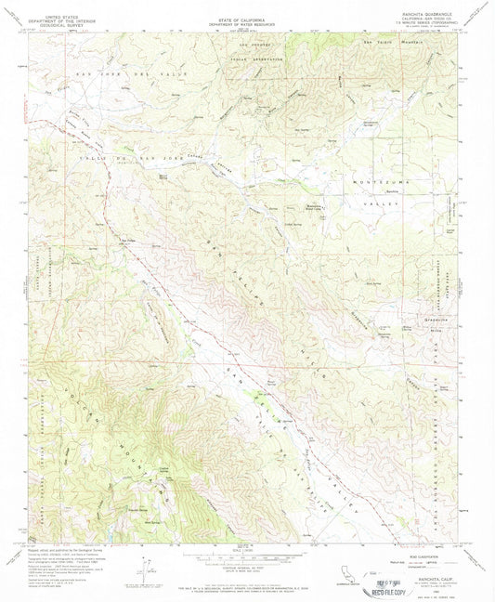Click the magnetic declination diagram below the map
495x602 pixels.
click(x=147, y=567)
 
